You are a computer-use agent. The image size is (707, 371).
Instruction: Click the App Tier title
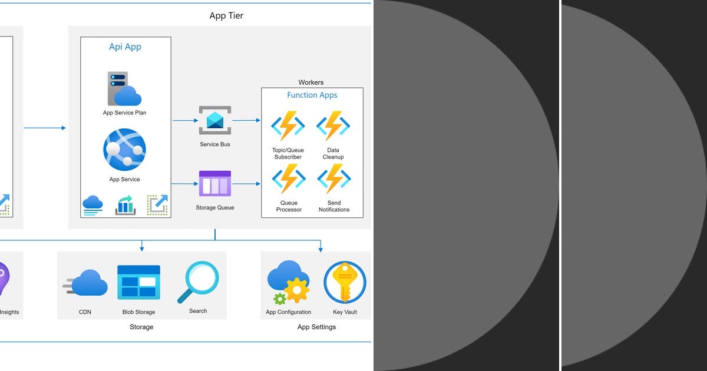pyautogui.click(x=226, y=16)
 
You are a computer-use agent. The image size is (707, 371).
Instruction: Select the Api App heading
pyautogui.click(x=125, y=47)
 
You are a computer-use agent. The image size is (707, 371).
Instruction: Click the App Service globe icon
pyautogui.click(x=124, y=150)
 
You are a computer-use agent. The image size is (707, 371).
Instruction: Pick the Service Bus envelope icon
pyautogui.click(x=215, y=120)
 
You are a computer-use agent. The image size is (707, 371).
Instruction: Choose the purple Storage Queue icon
pyautogui.click(x=215, y=184)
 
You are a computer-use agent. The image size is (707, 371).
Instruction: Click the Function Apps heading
pyautogui.click(x=312, y=95)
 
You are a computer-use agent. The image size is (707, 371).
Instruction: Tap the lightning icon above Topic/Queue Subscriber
pyautogui.click(x=288, y=125)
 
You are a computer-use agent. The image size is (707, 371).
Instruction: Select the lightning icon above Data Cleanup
pyautogui.click(x=333, y=125)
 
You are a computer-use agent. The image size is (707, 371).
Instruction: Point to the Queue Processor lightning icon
pyautogui.click(x=288, y=178)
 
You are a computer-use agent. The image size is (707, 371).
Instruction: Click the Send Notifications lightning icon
pyautogui.click(x=333, y=178)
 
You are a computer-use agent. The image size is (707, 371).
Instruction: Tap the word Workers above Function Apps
pyautogui.click(x=311, y=82)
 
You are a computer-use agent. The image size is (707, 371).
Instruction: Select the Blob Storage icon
pyautogui.click(x=138, y=283)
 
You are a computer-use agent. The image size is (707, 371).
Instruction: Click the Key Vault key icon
pyautogui.click(x=345, y=283)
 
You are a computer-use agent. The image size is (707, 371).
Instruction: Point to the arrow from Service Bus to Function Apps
pyautogui.click(x=246, y=120)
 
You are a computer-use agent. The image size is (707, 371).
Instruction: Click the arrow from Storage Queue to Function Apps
pyautogui.click(x=246, y=184)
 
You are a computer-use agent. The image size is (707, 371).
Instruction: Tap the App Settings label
pyautogui.click(x=316, y=327)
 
